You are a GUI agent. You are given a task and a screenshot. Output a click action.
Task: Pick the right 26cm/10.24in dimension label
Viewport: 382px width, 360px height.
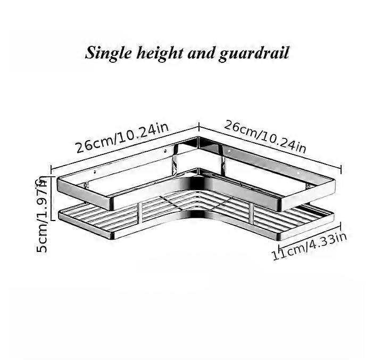265,136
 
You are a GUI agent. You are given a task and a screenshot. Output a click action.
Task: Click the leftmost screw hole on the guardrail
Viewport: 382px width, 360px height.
95,172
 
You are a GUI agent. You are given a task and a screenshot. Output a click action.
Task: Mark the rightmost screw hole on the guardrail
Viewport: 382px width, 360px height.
298,173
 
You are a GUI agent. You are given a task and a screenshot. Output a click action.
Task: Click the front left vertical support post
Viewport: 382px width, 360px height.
139,212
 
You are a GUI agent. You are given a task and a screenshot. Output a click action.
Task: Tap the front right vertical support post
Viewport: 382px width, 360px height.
251,213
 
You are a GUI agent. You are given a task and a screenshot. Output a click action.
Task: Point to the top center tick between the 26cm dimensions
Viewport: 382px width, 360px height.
199,127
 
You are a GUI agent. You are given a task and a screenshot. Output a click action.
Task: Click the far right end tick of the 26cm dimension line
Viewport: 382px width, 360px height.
341,169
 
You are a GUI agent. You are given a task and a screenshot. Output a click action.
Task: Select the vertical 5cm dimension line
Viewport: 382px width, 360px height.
51,198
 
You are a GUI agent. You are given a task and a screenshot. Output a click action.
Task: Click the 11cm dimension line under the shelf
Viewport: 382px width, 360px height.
310,233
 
